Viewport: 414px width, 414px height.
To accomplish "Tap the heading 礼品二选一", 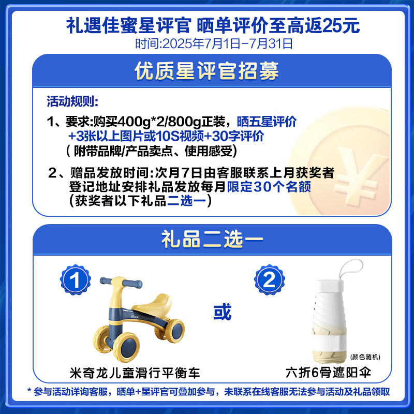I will point(206,239).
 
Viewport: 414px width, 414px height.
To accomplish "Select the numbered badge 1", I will point(76,282).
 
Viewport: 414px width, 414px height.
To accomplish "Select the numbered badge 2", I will point(269,282).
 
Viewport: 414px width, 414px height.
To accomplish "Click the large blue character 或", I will point(222,312).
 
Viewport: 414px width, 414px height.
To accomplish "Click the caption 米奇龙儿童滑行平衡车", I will point(134,373).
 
